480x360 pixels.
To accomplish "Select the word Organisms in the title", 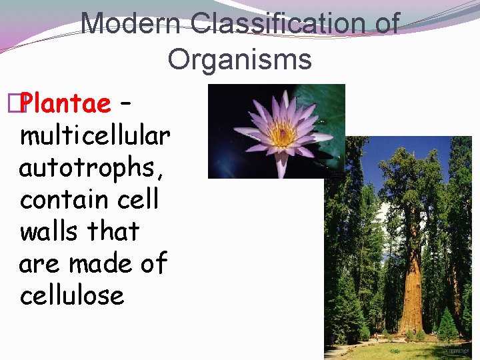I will click(x=239, y=59).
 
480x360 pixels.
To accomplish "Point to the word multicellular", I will click(x=95, y=136).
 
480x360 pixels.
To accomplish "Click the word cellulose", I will click(x=72, y=295).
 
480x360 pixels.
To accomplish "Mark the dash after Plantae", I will click(x=125, y=103).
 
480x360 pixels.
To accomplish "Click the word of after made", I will click(x=153, y=263).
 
